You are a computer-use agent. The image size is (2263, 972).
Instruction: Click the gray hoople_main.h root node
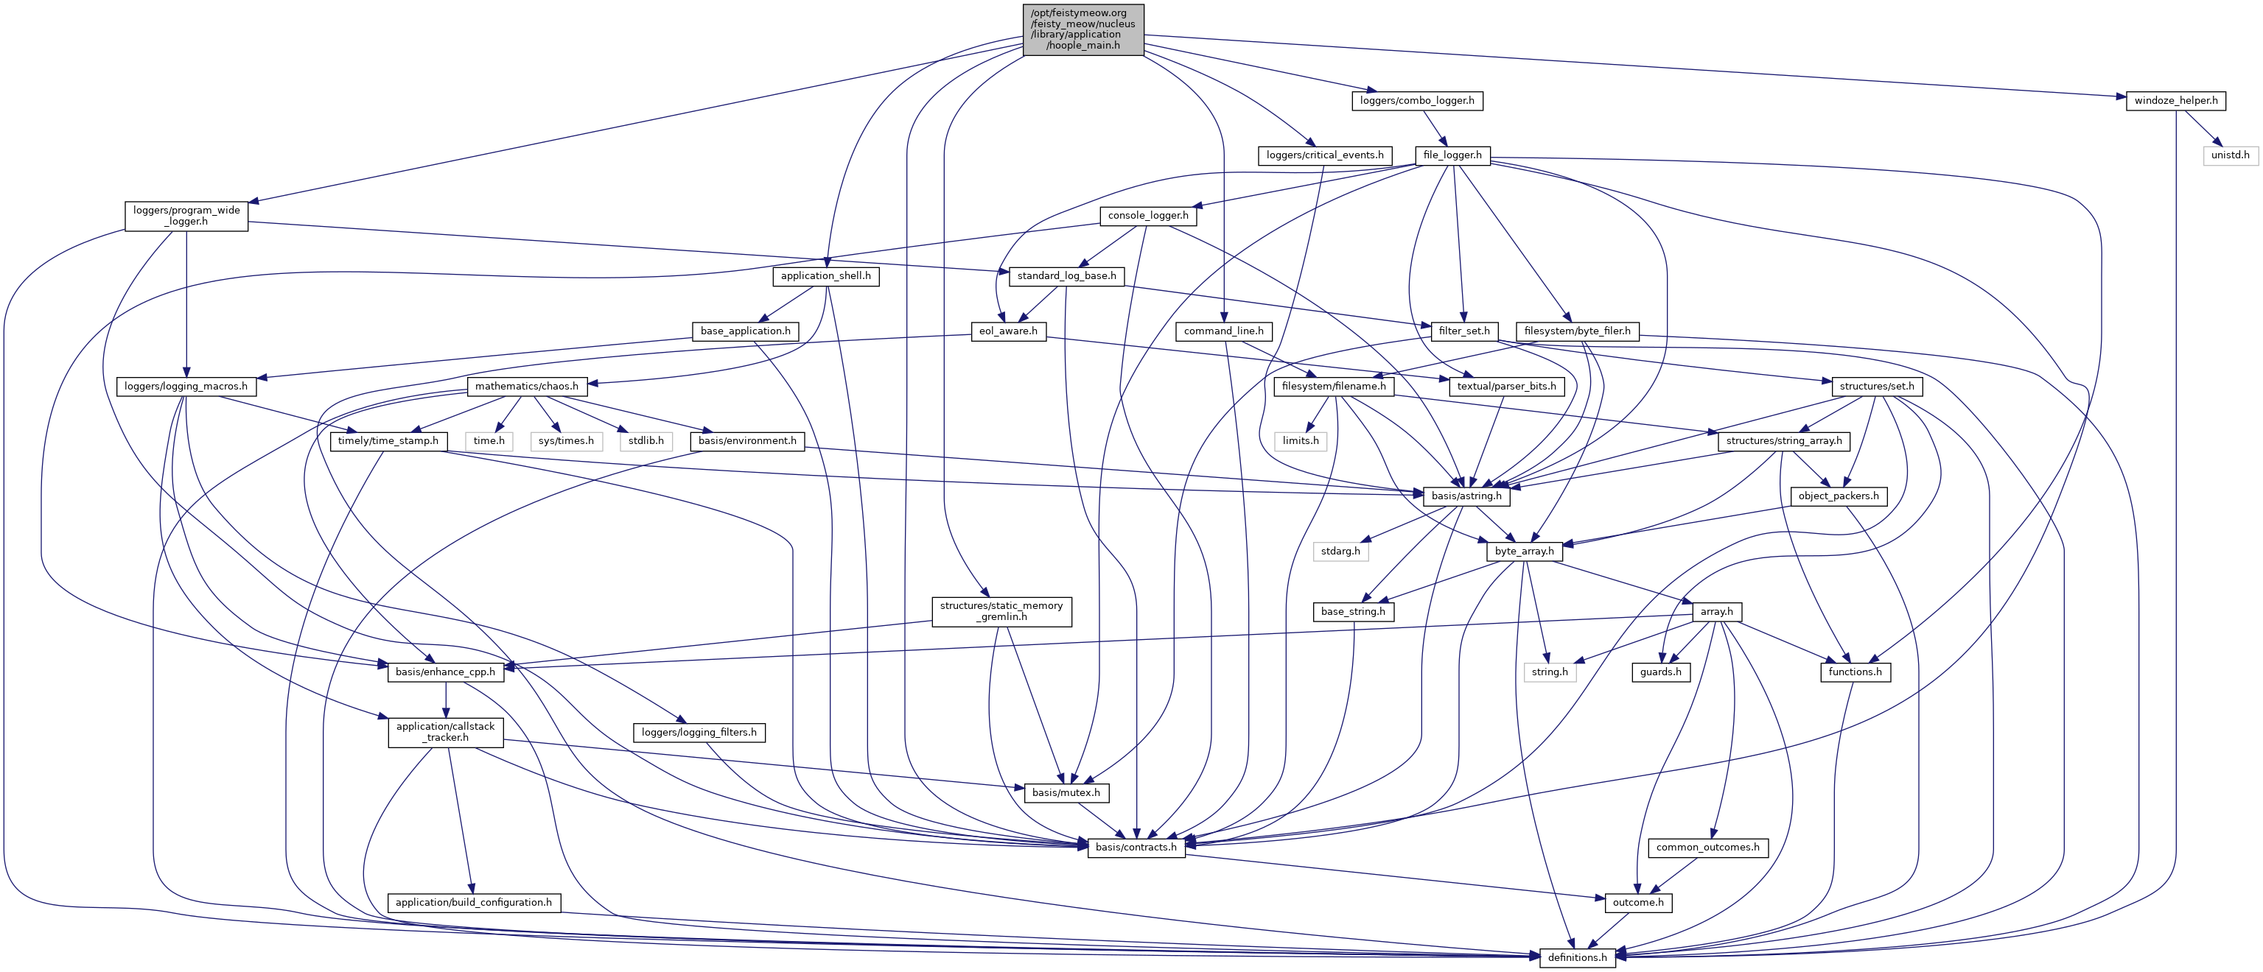(x=1083, y=29)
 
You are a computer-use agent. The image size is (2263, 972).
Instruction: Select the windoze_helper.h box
(x=2176, y=100)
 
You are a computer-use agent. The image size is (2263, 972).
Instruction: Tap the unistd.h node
(x=2230, y=155)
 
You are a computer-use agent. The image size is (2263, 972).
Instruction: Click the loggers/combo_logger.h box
(x=1417, y=100)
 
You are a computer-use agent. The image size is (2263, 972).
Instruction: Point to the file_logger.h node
(x=1452, y=155)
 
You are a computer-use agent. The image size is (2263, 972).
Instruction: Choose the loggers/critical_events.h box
(x=1324, y=155)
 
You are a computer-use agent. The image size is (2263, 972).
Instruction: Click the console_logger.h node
(x=1147, y=215)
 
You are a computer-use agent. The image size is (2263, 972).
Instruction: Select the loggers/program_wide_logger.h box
(x=186, y=216)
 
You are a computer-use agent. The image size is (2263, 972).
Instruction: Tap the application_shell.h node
(x=826, y=275)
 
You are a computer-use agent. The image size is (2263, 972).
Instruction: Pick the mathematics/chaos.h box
(x=526, y=387)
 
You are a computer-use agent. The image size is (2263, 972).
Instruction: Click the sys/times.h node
(x=566, y=441)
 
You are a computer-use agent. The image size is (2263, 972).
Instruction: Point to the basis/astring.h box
(x=1466, y=496)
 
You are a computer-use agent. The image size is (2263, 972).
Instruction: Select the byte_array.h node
(x=1524, y=552)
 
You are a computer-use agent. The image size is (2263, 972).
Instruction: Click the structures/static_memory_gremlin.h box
(x=1001, y=611)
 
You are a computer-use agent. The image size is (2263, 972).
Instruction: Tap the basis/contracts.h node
(x=1136, y=848)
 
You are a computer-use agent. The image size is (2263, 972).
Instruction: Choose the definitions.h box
(x=1577, y=957)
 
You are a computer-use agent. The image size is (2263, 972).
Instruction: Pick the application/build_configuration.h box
(x=474, y=903)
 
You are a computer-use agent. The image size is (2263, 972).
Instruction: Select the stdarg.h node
(x=1340, y=552)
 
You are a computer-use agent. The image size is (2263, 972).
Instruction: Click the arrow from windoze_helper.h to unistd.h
(x=2202, y=127)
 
